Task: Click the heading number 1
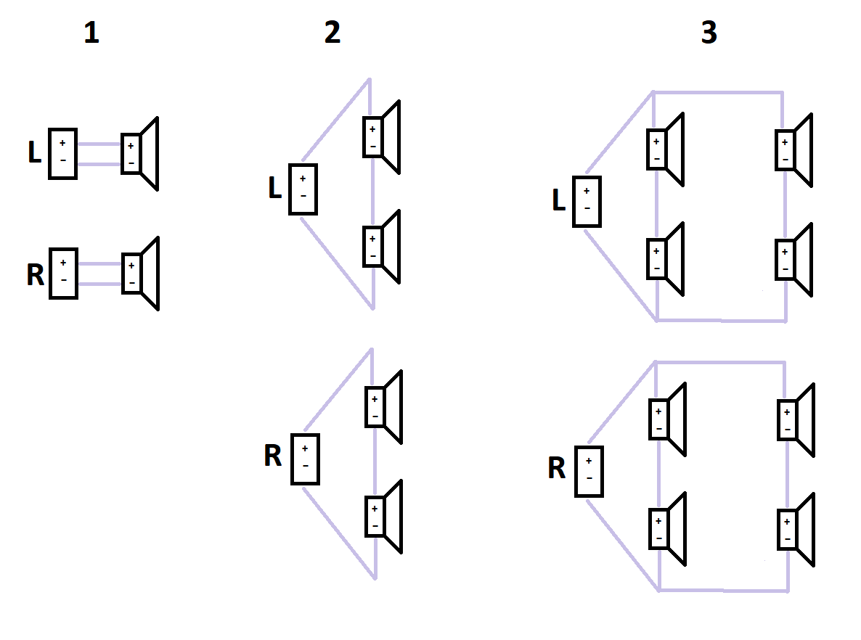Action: point(91,33)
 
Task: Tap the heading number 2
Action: point(332,33)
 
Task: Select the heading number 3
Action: point(709,33)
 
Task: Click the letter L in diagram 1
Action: point(35,152)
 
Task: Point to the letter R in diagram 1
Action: point(35,275)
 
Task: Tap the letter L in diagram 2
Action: point(275,188)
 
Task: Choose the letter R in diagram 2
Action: point(273,456)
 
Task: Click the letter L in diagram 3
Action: point(559,200)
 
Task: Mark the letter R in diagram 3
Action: point(557,468)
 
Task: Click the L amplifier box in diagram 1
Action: point(62,154)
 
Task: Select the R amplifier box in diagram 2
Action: point(306,459)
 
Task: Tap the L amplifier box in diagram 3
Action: point(587,202)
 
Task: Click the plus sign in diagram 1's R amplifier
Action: point(63,263)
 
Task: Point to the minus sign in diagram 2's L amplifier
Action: point(303,196)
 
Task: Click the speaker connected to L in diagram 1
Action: point(140,154)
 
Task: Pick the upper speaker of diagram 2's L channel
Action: point(382,137)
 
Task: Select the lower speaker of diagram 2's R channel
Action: point(384,517)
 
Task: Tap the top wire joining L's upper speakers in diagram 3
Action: point(718,92)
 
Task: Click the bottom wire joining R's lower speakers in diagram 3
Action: point(724,591)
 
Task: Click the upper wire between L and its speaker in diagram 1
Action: point(99,144)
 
